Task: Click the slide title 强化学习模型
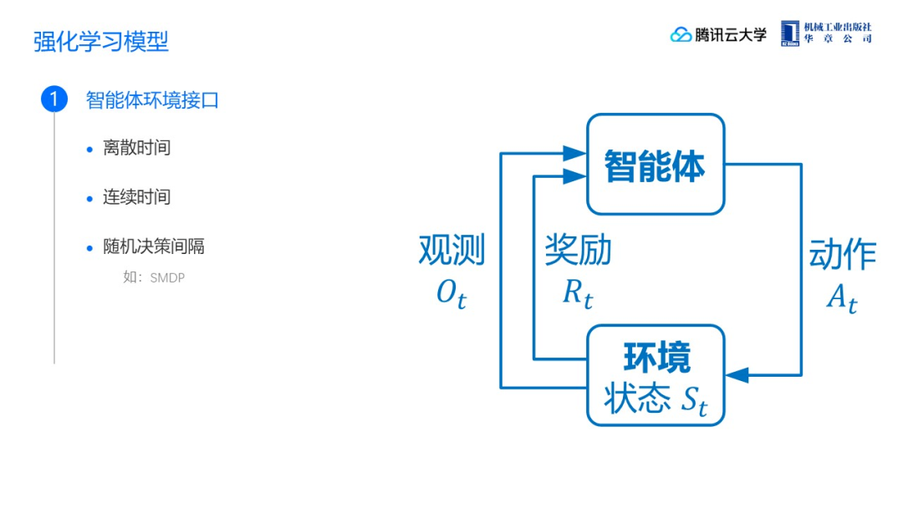coord(101,41)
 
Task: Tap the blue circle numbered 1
coord(54,99)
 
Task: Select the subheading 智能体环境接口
coord(152,100)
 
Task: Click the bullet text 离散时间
coord(136,148)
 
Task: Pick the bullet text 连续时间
coord(136,197)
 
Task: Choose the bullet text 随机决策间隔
coord(154,246)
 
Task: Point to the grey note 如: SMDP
coord(154,277)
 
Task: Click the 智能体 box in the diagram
coord(655,165)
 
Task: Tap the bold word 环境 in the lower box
coord(657,358)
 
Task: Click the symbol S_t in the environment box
coord(692,401)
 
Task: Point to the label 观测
coord(451,250)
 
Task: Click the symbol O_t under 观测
coord(451,293)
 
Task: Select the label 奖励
coord(578,250)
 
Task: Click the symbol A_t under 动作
coord(841,298)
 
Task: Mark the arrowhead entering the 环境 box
coord(736,375)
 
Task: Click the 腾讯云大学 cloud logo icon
coord(681,34)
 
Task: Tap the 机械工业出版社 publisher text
coord(838,27)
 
